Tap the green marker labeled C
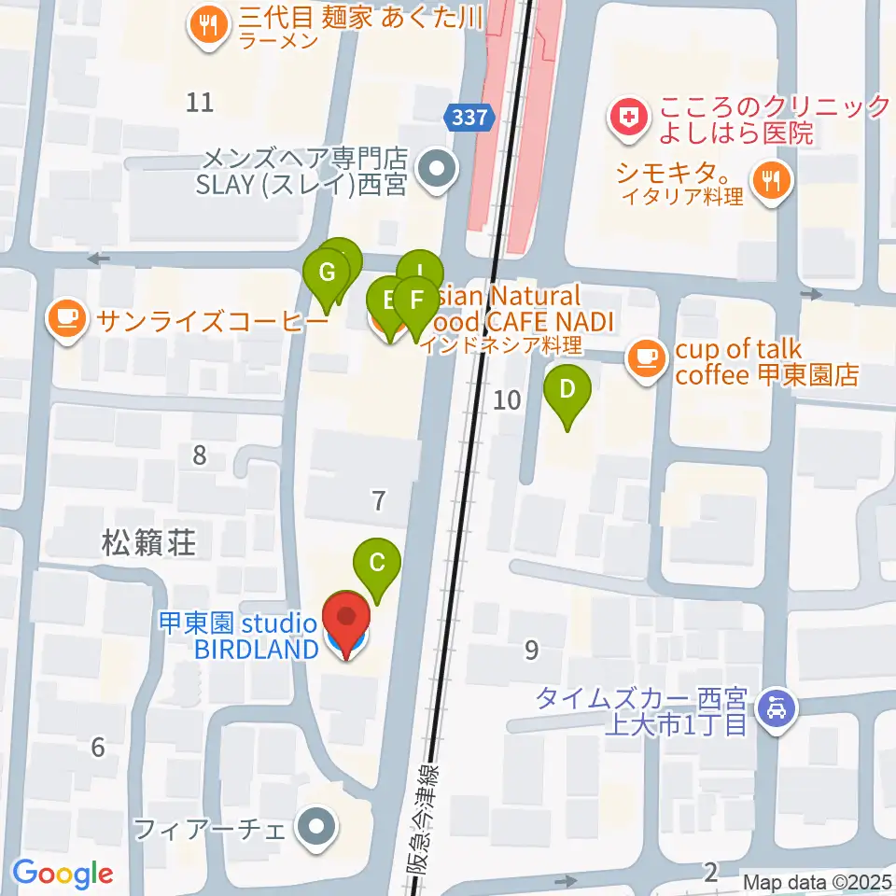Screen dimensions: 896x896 tap(377, 563)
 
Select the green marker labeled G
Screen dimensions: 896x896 tap(327, 273)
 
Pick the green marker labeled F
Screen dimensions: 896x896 tap(415, 301)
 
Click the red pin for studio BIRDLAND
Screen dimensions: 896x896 tap(346, 620)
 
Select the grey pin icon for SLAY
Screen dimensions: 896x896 tap(435, 170)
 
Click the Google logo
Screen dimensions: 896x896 tap(62, 874)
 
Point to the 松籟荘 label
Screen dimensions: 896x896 tap(149, 542)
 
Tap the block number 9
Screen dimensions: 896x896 tap(531, 650)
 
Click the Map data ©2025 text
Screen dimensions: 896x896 tap(818, 881)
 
